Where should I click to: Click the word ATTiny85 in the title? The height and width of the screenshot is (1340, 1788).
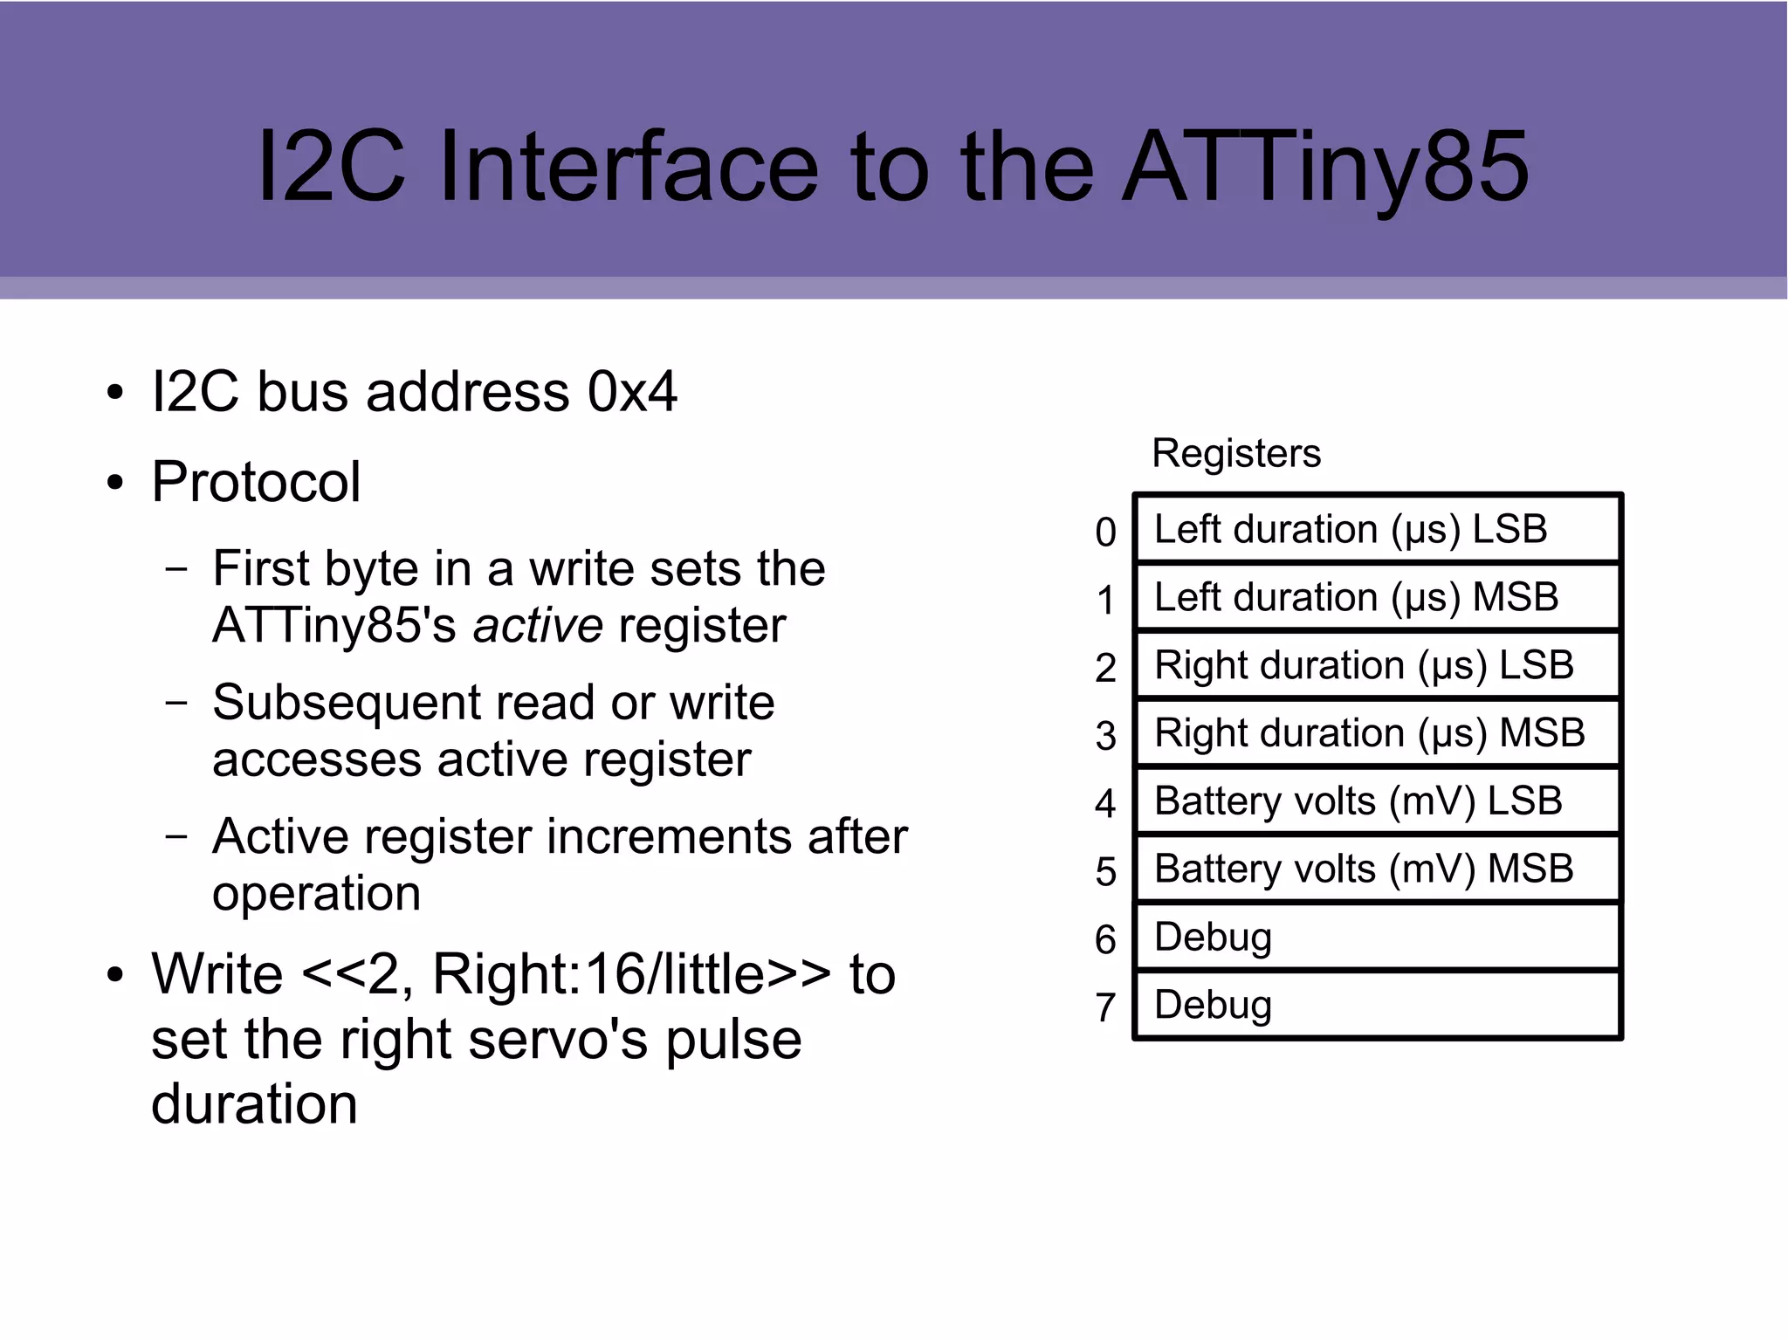pos(1325,168)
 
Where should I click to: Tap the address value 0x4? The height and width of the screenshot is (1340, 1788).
pos(632,392)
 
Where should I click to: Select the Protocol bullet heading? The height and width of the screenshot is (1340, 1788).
pos(256,482)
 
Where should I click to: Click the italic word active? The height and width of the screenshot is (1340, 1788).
pos(538,626)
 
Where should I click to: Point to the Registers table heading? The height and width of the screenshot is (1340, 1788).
pos(1235,454)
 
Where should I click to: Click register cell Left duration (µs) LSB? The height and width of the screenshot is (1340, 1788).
pos(1377,530)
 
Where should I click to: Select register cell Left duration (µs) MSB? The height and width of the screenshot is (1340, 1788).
pos(1377,598)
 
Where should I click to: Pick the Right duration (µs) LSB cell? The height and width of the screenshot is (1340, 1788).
pos(1377,666)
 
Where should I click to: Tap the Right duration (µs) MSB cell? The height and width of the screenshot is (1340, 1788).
pos(1377,733)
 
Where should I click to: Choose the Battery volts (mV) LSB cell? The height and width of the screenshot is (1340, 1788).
pos(1377,801)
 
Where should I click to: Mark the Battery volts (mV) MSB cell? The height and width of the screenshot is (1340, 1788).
pos(1377,869)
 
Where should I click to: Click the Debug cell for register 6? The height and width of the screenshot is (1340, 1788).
pos(1377,938)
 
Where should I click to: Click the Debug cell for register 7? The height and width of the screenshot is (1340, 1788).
pos(1377,1005)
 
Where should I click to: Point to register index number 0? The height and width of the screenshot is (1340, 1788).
pos(1105,533)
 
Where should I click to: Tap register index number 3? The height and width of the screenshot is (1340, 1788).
pos(1105,736)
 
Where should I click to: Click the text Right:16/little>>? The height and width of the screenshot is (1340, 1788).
pos(631,974)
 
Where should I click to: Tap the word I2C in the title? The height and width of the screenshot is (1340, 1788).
pos(332,168)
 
